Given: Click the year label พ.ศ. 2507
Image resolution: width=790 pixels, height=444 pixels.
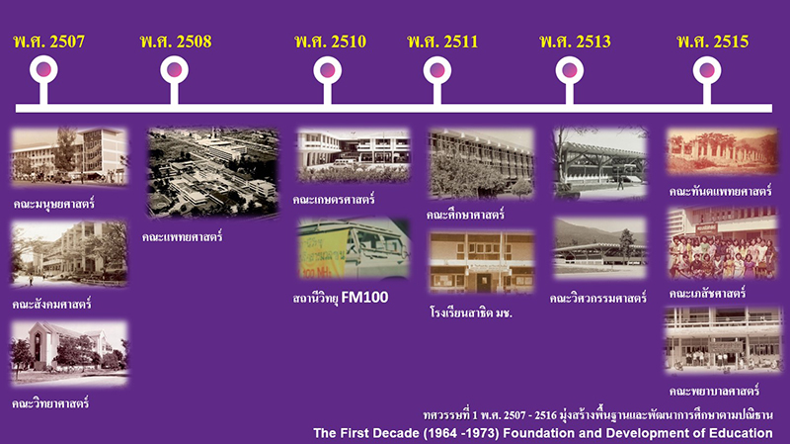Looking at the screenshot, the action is tap(48, 42).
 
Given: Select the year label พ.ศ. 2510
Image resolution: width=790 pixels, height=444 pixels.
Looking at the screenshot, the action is tap(331, 42).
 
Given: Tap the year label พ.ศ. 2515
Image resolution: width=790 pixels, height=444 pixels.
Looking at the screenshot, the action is tap(712, 42).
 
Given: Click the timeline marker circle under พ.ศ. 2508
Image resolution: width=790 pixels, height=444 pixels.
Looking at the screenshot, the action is tap(175, 70).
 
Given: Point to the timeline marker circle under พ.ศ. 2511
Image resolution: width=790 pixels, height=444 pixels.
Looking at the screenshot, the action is tap(437, 70).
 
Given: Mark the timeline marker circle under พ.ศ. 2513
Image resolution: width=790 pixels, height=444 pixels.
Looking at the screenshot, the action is tap(570, 70).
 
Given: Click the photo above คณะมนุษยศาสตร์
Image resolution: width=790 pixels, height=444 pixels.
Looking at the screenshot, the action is tap(69, 156).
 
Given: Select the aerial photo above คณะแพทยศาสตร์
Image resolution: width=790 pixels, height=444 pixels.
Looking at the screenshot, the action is tap(212, 172).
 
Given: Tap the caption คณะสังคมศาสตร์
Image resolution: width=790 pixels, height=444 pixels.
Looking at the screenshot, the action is tap(52, 305).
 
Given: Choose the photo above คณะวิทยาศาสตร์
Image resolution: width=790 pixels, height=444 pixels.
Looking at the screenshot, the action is tap(69, 353).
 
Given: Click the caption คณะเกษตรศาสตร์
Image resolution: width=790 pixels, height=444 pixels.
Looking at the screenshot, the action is tap(334, 200).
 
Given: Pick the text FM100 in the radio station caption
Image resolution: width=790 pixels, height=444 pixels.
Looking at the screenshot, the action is tap(364, 298).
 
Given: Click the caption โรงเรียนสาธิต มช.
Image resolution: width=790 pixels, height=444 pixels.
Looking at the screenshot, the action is tap(471, 312).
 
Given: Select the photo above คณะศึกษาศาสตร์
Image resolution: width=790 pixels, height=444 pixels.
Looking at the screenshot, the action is tap(481, 162).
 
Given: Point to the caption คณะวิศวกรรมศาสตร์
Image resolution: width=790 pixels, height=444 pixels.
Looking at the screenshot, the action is tap(598, 299).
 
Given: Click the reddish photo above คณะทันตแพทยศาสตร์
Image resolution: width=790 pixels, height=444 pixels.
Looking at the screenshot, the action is tap(722, 151).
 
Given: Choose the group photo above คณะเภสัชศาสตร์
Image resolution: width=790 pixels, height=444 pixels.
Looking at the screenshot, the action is tap(722, 243).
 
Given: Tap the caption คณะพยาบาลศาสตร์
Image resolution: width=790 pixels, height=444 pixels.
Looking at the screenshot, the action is tap(714, 391).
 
